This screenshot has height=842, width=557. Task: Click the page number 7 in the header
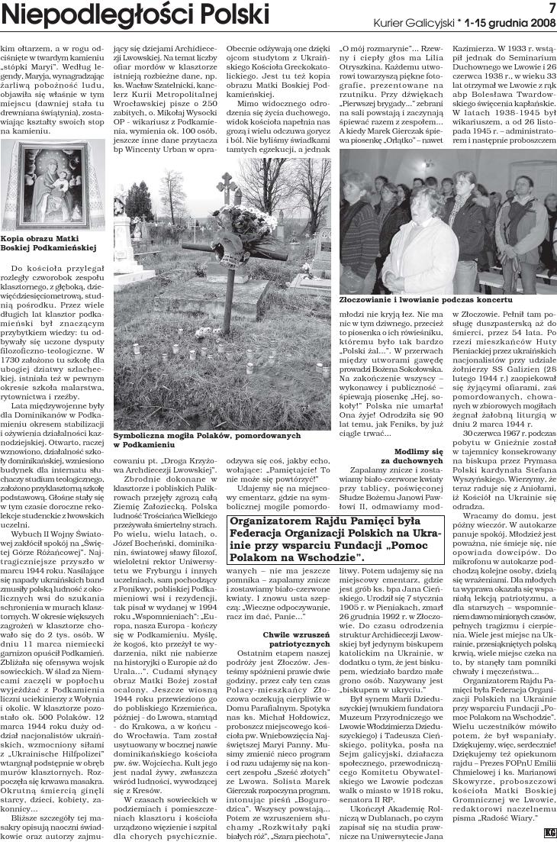549,8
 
